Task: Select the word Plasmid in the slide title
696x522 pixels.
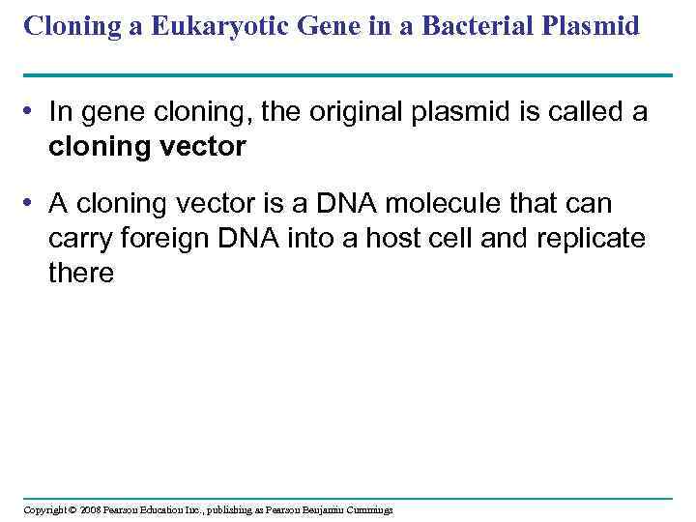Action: tap(595, 26)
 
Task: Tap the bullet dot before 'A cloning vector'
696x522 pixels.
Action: tap(32, 204)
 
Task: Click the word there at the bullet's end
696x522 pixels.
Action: tap(81, 273)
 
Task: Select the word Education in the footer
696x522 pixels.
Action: tap(165, 509)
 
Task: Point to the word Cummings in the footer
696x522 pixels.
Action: tap(365, 509)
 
